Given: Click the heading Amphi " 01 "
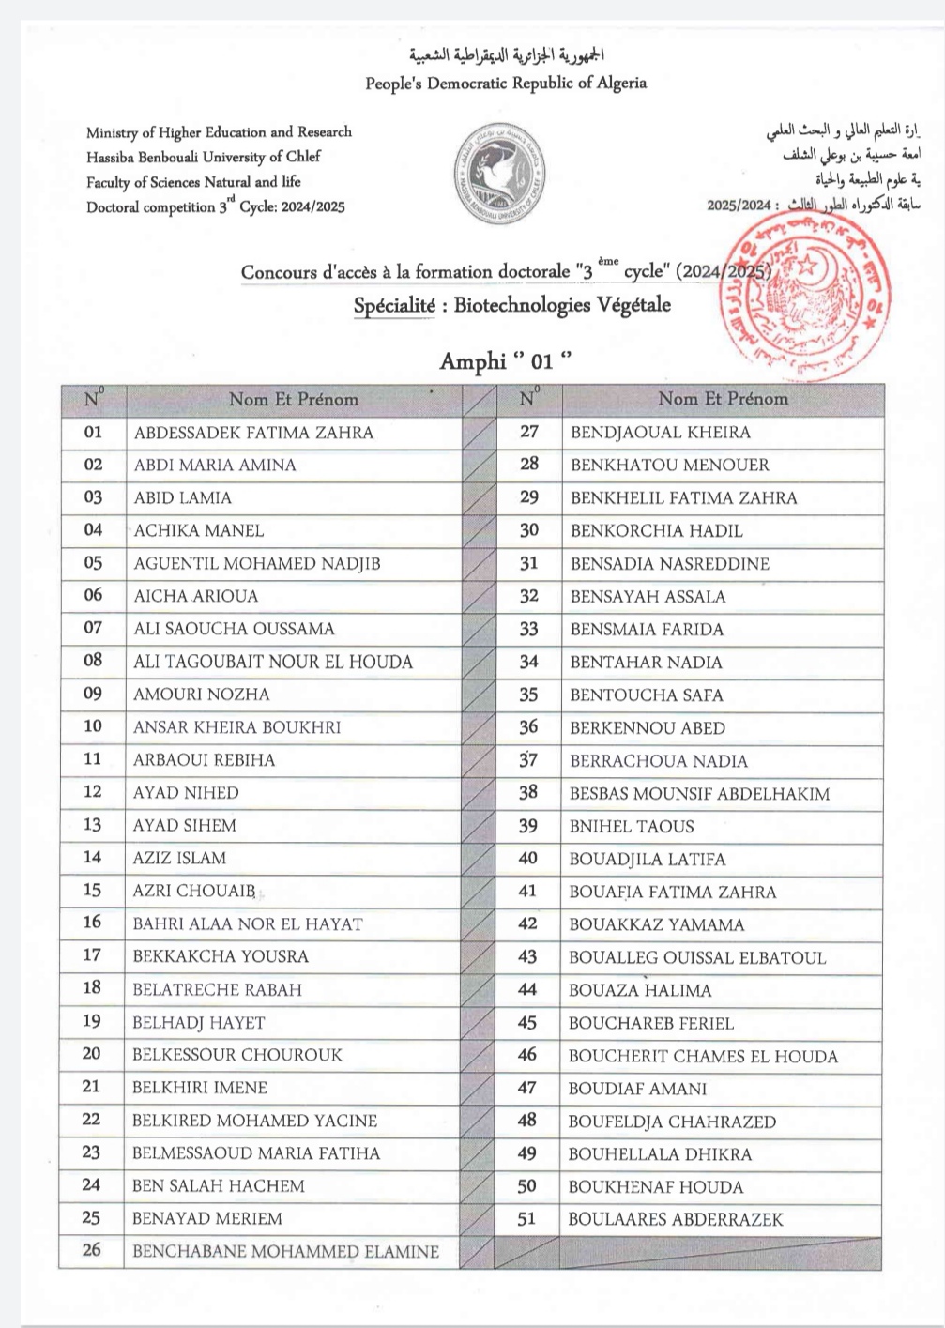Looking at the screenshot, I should click(x=505, y=361).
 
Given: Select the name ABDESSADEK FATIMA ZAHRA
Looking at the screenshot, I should click(x=253, y=433).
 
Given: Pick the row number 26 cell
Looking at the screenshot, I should click(x=91, y=1250).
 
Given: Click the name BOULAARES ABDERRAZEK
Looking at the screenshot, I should click(x=675, y=1219).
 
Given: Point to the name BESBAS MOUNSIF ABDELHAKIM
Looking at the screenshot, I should click(x=699, y=794).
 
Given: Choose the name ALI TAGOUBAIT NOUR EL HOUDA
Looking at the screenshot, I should click(x=273, y=662).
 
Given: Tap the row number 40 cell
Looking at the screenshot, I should click(x=528, y=859).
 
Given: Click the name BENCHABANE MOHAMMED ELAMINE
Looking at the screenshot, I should click(x=285, y=1251).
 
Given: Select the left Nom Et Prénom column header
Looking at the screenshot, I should click(x=293, y=400).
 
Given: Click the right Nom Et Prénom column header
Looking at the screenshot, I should click(x=723, y=399).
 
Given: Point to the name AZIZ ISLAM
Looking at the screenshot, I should click(x=179, y=858).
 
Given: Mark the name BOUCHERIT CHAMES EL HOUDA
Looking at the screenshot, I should click(x=703, y=1056).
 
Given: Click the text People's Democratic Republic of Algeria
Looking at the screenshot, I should click(x=506, y=84).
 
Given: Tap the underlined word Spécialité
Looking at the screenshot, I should click(x=393, y=306).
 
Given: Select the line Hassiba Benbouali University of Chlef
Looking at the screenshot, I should click(x=204, y=157).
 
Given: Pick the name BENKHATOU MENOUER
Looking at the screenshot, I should click(x=669, y=465).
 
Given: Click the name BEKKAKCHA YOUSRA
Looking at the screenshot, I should click(x=221, y=956).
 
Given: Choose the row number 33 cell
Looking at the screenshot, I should click(x=528, y=629).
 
